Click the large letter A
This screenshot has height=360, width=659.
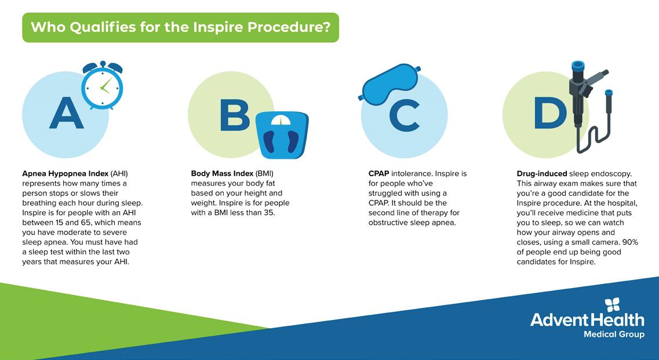[67, 112]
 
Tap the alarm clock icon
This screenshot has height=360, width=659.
[103, 86]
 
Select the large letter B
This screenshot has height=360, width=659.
[235, 115]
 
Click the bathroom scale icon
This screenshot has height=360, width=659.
[282, 135]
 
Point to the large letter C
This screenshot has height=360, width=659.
[405, 115]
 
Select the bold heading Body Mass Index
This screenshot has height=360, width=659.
[223, 173]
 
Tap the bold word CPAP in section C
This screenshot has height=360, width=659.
[378, 173]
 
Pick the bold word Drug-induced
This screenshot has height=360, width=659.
[542, 174]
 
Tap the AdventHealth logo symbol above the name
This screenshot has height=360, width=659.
[612, 304]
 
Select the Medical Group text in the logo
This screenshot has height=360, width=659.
[614, 334]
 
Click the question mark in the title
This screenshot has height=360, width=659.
[326, 27]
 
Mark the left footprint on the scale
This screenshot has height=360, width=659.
[270, 140]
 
